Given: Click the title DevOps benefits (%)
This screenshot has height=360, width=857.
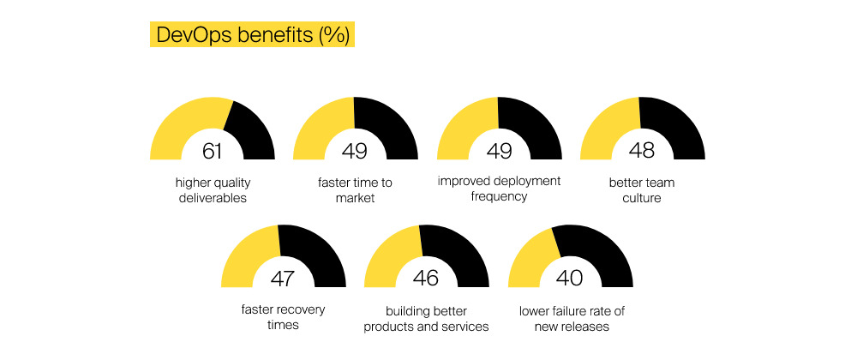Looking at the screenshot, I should pyautogui.click(x=251, y=36).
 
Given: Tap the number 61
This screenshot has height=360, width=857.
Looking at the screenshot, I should pyautogui.click(x=213, y=152).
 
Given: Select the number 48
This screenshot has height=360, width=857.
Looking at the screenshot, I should pyautogui.click(x=642, y=152).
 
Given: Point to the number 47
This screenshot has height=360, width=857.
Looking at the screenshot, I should pyautogui.click(x=283, y=279).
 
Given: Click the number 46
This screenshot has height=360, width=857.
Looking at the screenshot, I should pyautogui.click(x=426, y=279).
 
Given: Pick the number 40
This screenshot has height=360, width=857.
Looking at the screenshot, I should pyautogui.click(x=570, y=279).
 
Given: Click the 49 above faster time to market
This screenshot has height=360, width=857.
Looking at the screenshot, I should pyautogui.click(x=355, y=152).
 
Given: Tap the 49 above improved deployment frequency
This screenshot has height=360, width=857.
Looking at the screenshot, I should pyautogui.click(x=499, y=152).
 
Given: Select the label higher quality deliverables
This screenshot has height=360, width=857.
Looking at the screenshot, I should pyautogui.click(x=213, y=190).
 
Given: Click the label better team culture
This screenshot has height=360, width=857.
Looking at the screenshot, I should pyautogui.click(x=642, y=190).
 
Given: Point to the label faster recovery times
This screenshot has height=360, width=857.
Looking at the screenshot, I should pyautogui.click(x=283, y=317).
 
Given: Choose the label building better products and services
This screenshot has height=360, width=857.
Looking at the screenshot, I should pyautogui.click(x=426, y=317).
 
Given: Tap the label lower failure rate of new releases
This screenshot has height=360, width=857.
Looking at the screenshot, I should pyautogui.click(x=570, y=317).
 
